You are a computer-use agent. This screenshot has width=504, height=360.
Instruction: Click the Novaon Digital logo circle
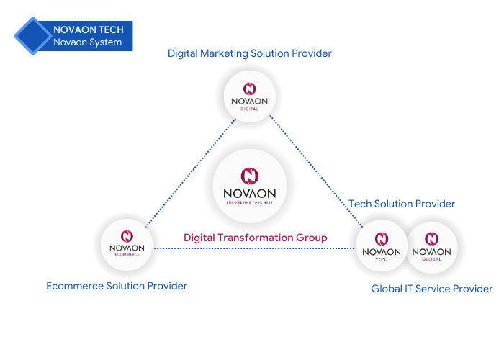click(250, 96)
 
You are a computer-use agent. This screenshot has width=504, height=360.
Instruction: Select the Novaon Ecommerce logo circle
click(127, 245)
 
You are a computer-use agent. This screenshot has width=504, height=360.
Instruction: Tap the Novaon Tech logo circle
click(382, 246)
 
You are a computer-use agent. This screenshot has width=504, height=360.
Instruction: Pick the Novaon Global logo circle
click(432, 247)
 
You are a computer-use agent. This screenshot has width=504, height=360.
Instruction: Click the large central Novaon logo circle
click(249, 186)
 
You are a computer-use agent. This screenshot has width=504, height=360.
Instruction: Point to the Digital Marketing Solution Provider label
click(250, 53)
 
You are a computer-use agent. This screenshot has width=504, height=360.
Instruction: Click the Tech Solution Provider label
click(402, 204)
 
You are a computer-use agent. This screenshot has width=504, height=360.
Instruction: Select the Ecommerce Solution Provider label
click(117, 286)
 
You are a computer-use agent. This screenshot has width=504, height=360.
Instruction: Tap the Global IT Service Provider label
click(432, 289)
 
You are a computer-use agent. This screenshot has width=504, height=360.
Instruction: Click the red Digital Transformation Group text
click(255, 238)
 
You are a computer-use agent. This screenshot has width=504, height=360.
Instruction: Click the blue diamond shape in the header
click(33, 36)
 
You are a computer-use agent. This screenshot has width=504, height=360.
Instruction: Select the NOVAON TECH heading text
click(89, 30)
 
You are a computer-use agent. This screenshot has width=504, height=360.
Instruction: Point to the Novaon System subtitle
click(87, 42)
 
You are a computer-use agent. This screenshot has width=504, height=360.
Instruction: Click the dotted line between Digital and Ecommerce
click(191, 173)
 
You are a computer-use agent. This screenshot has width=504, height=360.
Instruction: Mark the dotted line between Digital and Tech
click(316, 171)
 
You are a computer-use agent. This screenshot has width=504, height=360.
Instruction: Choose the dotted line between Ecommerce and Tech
click(254, 248)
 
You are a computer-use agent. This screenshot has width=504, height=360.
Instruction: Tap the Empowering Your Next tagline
click(249, 202)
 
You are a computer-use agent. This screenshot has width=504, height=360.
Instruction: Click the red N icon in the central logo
click(250, 176)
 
